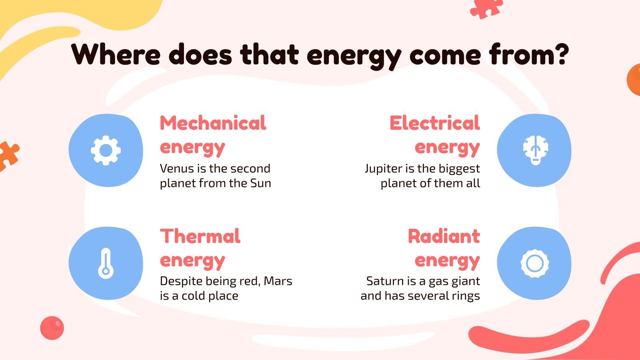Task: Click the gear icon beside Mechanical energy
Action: click(106, 150)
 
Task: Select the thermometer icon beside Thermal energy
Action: click(106, 263)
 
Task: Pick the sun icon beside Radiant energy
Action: click(535, 263)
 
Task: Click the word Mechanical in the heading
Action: click(213, 123)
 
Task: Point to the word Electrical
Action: click(434, 123)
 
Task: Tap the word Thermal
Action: click(200, 236)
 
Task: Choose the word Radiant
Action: click(444, 236)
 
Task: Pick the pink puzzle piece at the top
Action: click(486, 8)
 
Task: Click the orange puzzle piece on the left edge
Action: click(8, 155)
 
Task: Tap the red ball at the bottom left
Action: click(52, 328)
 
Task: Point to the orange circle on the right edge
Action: click(634, 79)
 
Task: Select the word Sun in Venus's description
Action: click(260, 183)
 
